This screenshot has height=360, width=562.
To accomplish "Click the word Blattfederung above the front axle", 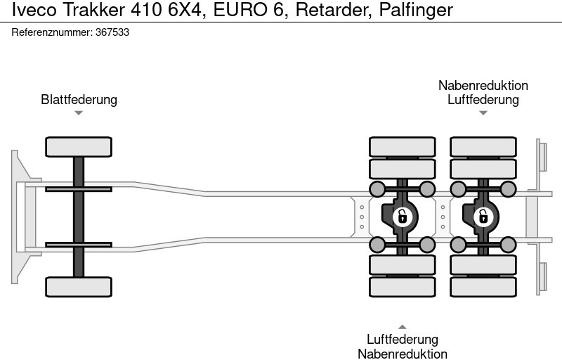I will pos(79,99).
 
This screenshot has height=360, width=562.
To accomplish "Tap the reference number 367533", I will pos(112,32).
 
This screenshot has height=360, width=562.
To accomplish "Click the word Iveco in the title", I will pos(29,11).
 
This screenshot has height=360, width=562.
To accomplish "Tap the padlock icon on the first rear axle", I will pos(402,217).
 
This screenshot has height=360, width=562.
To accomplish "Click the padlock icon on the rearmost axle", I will pos(483,217).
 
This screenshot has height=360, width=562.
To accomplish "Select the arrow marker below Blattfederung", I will pos(79,113).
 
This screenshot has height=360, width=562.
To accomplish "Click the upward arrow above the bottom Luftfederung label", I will pos(402,326).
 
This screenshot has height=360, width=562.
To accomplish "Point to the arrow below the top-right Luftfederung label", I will pos(483,112).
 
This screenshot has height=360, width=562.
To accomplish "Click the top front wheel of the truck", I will pos(79,147).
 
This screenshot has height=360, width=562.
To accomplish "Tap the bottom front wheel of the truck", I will pos(79,286).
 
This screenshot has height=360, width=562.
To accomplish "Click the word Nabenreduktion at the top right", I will pos(483,85).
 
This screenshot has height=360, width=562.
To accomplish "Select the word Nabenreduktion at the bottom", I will pos(403,354).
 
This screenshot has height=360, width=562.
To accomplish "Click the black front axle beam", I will pos(79,217).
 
